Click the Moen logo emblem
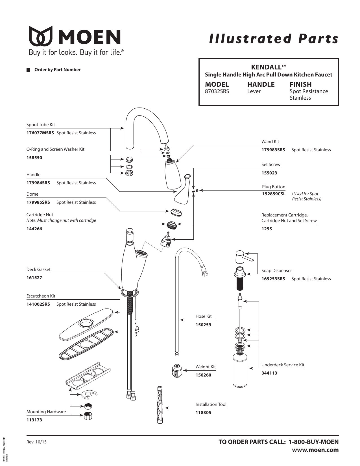(41, 36)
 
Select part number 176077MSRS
(40, 133)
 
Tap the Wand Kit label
(270, 142)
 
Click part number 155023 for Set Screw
(269, 173)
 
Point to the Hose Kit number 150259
(203, 325)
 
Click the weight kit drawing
(177, 371)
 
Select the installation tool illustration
(160, 404)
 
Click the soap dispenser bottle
(240, 371)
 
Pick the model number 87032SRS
(217, 91)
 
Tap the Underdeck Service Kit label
(283, 365)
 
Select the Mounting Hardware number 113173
(34, 420)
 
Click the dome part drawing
(176, 212)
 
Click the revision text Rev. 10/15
(36, 442)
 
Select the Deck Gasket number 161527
(34, 278)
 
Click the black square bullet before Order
(28, 70)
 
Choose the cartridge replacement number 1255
(267, 229)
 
